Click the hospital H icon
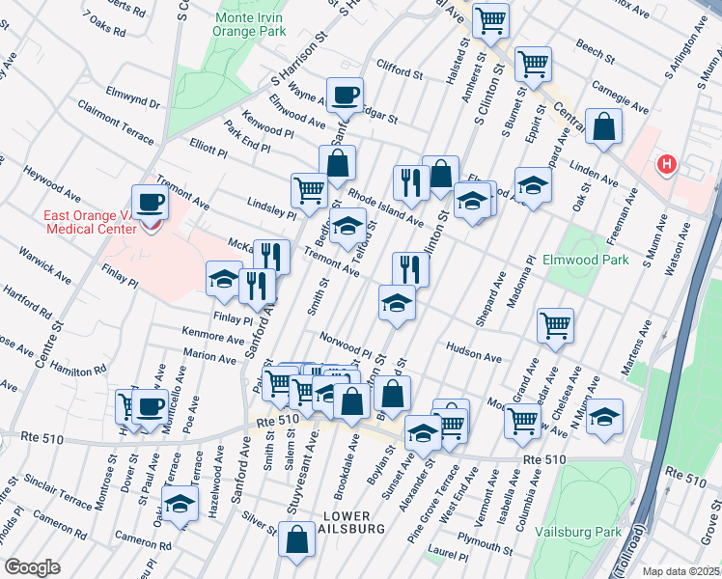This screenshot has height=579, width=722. [666, 165]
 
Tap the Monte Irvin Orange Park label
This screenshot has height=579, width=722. [252, 25]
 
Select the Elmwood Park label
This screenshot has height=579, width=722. [587, 260]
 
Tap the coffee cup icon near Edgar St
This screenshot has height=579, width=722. [345, 95]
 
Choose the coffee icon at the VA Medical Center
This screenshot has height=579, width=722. [150, 203]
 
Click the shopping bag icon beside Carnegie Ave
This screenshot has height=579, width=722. [603, 127]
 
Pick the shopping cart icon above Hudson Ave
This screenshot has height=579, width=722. [555, 326]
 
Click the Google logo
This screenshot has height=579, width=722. [31, 567]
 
